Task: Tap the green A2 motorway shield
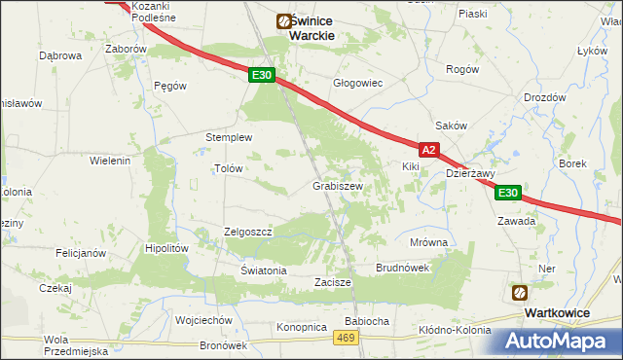430,150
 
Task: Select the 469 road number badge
345,337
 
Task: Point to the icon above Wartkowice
520,292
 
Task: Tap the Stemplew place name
229,137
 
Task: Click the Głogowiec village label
357,84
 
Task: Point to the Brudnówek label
403,268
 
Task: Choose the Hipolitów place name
165,248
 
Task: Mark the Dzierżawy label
471,174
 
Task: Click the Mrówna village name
428,242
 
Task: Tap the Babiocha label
367,320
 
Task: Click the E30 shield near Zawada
507,194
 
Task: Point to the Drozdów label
544,97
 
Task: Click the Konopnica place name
300,327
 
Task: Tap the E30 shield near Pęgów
260,75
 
